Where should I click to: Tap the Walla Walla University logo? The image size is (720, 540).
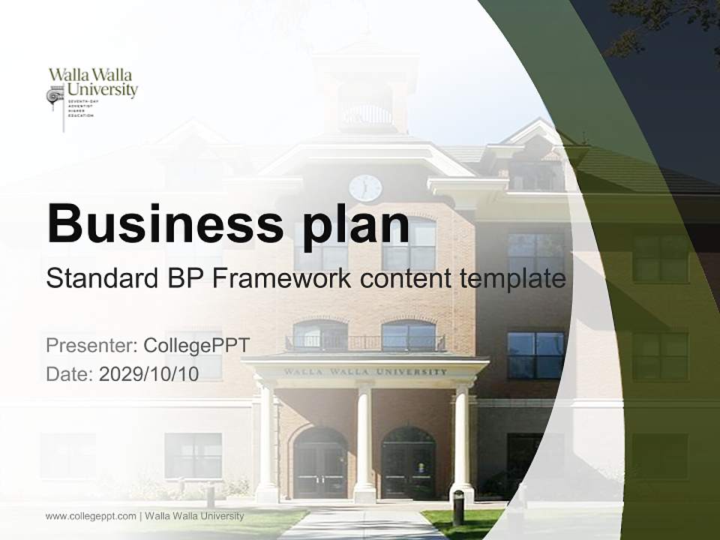[x=92, y=93]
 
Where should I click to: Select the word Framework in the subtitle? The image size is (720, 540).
[x=282, y=279]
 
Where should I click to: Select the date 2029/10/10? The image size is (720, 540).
[x=149, y=374]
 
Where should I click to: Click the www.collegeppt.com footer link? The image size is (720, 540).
[x=91, y=516]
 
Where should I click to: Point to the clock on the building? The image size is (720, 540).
[x=365, y=187]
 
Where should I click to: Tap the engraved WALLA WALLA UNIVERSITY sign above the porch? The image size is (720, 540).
[x=365, y=371]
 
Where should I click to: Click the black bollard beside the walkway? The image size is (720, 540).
[x=458, y=508]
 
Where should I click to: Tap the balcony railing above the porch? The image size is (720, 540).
[x=365, y=343]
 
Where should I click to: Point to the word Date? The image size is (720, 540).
[x=70, y=374]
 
